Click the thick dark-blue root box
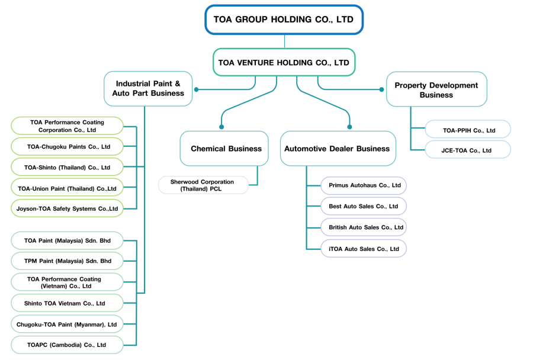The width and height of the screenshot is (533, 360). pos(284,20)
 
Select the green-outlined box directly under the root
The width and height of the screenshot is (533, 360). pos(284,62)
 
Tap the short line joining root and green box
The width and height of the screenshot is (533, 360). pos(284,41)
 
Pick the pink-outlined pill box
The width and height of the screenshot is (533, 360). pos(203,185)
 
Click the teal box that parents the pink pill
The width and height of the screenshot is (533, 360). pos(224,148)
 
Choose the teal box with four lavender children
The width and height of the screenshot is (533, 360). pos(338,148)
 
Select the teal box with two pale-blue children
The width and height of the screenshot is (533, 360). pos(436,89)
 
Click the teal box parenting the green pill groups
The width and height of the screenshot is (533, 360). pos(148,89)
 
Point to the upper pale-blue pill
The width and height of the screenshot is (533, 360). pos(468,128)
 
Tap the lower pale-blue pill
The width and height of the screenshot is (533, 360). pos(468,149)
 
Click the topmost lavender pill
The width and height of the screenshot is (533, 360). pos(364,185)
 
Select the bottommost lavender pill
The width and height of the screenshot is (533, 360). pos(364,248)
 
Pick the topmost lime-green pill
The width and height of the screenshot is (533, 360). pos(67,126)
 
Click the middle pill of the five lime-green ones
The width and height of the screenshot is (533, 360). pos(67,166)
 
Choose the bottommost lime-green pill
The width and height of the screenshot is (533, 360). pos(67,208)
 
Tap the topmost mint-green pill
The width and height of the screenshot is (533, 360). pos(67,240)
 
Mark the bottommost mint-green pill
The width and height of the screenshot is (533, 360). pos(67,345)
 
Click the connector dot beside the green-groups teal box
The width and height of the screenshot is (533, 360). pos(197,89)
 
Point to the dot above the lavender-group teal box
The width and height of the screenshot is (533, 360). pos(349,127)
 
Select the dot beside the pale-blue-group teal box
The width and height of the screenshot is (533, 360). pos(381,89)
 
